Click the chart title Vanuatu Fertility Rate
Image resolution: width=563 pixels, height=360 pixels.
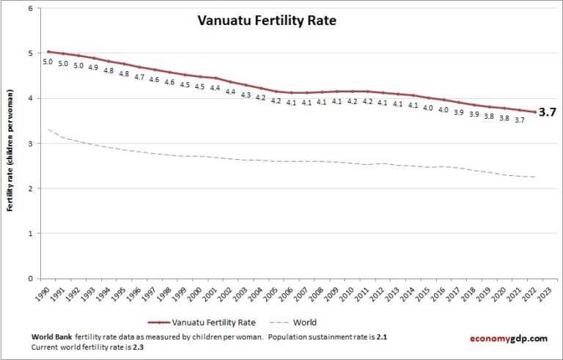click(x=266, y=21)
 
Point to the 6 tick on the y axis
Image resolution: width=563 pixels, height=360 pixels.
click(x=29, y=9)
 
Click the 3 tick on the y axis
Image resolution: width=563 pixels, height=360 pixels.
click(x=29, y=144)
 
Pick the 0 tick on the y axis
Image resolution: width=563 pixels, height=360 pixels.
click(x=29, y=279)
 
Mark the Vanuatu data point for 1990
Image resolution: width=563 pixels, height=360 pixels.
click(x=48, y=52)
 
